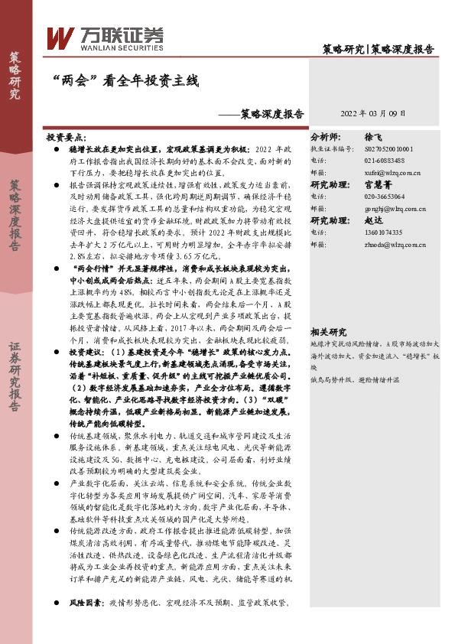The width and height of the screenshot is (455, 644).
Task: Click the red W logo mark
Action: [x=60, y=37]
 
